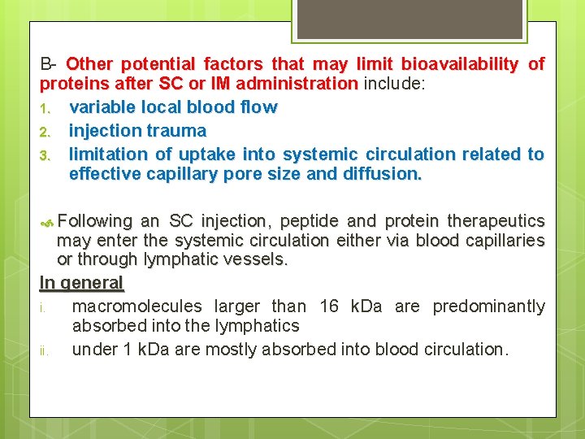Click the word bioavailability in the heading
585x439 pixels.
tap(457, 64)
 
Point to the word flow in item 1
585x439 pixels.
tap(258, 107)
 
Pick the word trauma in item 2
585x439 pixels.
tap(178, 131)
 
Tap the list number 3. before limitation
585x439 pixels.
tap(46, 154)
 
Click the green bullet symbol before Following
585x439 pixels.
tap(47, 221)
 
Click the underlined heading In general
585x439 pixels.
tap(81, 283)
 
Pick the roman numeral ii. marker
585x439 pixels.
tap(45, 350)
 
